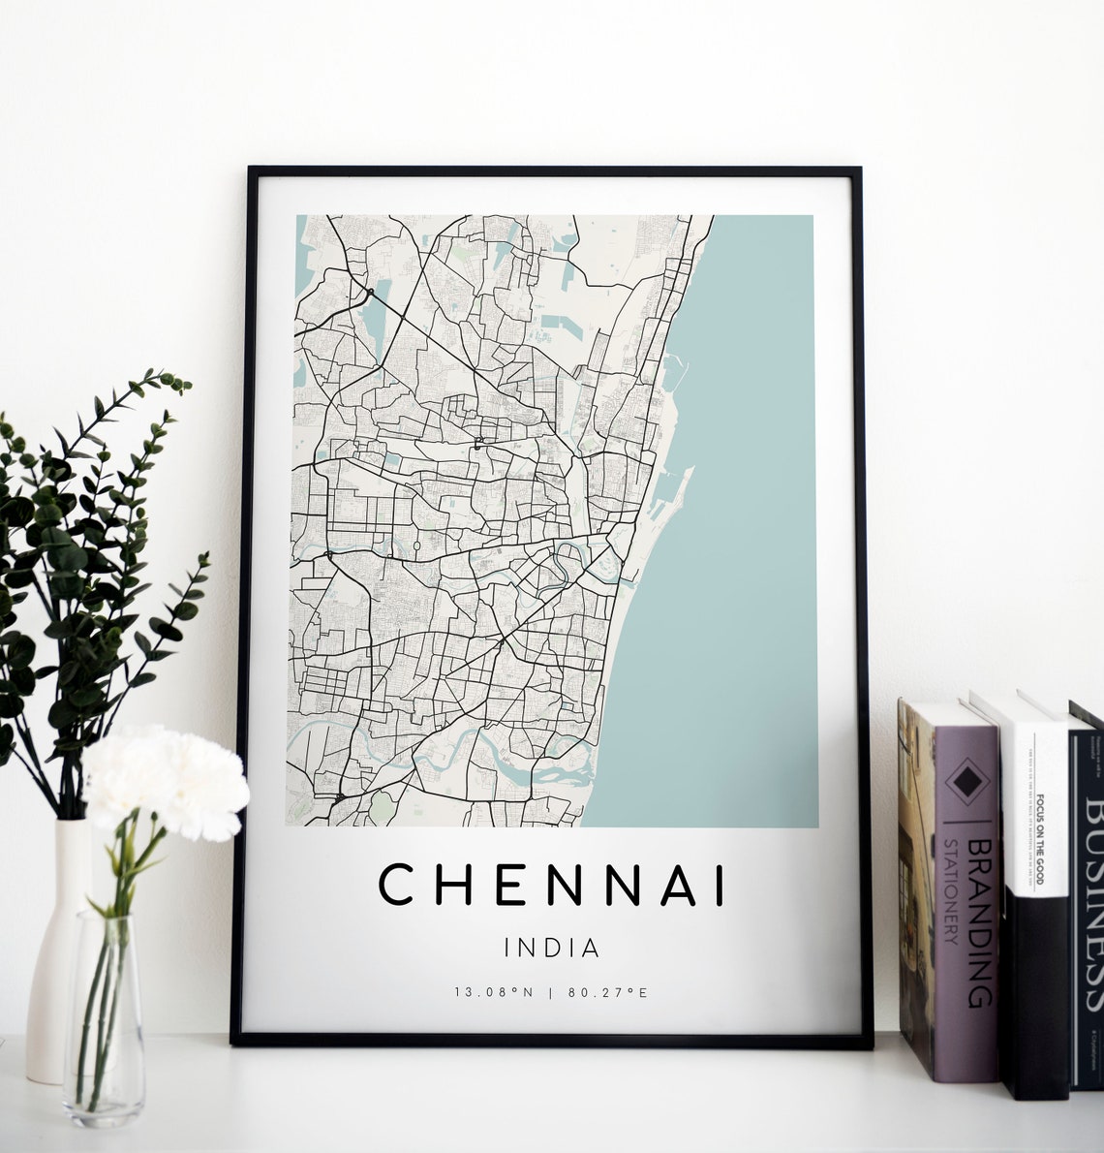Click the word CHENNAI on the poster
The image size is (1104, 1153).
[552, 885]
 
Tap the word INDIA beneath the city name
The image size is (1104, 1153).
[552, 947]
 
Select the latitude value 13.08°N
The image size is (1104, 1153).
[494, 992]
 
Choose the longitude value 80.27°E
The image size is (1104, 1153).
[607, 992]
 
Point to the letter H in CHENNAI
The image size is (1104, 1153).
[448, 885]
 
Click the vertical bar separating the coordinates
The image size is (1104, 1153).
[551, 992]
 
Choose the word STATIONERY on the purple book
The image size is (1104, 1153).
[952, 891]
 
